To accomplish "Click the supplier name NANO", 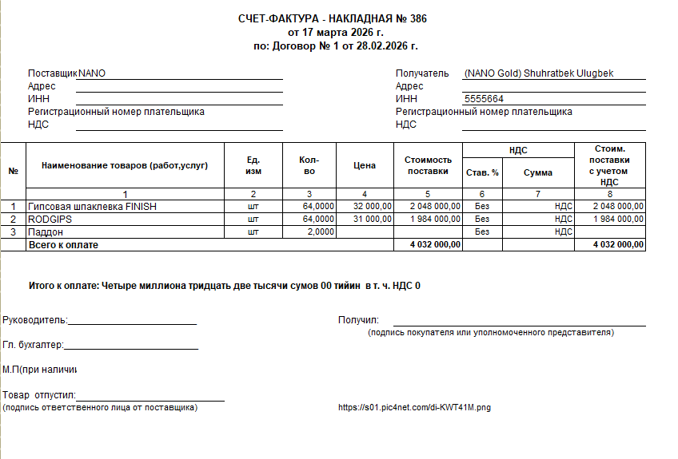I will coord(92,73).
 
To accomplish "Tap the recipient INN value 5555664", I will coord(484,99).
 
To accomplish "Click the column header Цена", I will coord(364,166).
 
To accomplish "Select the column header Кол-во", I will coord(309,166).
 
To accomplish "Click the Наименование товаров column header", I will coord(125,166).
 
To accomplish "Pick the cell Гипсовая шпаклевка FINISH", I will coord(92,207).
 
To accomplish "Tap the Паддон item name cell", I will coord(46,231).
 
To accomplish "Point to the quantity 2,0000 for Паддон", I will coord(319,231).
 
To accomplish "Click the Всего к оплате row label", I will coord(63,244).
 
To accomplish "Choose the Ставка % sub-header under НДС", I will coord(482,172).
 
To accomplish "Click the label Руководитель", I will coord(34,320).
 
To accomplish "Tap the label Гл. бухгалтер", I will coord(33,346).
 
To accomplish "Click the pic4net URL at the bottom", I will coord(414,408).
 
